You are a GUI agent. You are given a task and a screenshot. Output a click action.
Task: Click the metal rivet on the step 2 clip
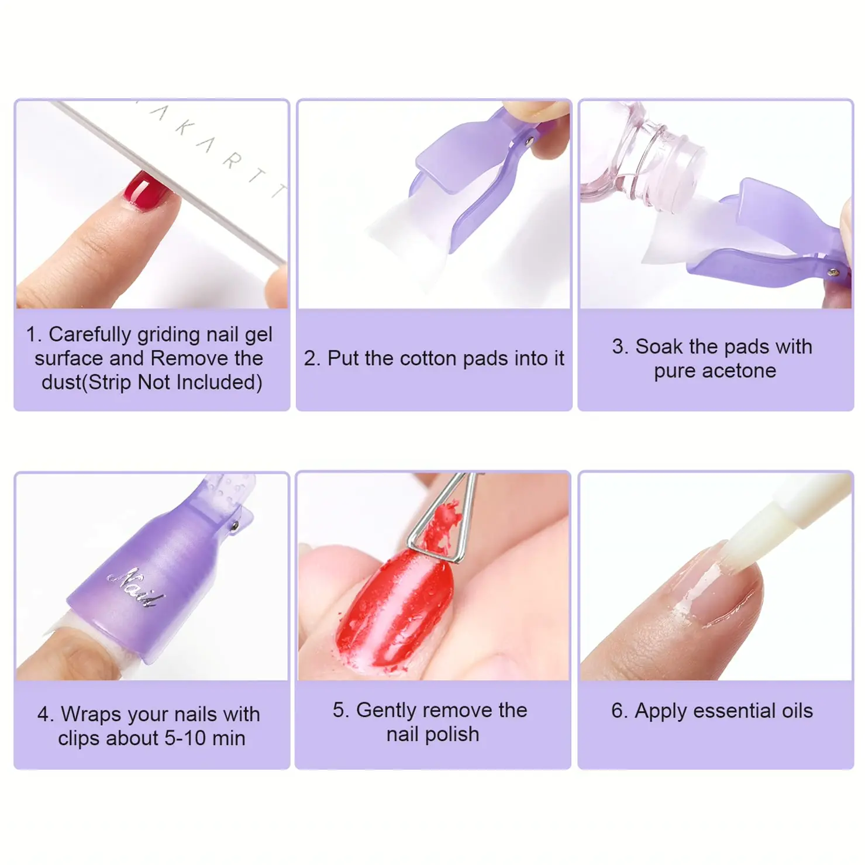[530, 141]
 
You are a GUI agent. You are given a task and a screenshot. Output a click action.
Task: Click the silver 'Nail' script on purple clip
[136, 588]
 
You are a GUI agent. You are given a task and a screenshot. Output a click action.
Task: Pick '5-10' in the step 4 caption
[185, 738]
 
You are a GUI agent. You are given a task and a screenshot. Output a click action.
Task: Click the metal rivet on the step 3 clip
[833, 272]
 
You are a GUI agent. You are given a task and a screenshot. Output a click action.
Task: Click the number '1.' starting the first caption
[34, 335]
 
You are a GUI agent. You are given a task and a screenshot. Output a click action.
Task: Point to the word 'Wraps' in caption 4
[91, 715]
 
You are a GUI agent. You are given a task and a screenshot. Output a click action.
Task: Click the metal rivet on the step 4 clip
[235, 526]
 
